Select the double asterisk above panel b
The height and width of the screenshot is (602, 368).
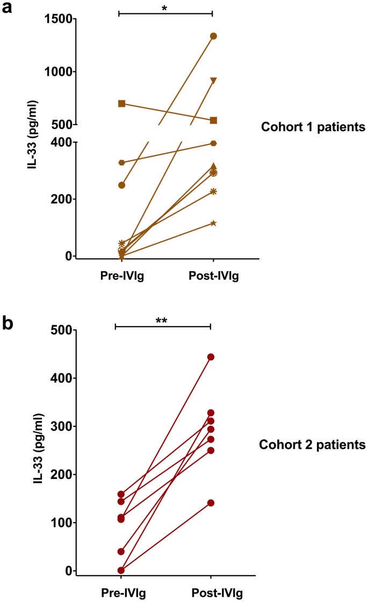[x=163, y=321]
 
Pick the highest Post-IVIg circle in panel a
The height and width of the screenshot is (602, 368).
[x=213, y=36]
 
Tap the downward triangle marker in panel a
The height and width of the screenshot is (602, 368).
[x=213, y=81]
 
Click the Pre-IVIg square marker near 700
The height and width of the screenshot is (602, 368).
[x=122, y=103]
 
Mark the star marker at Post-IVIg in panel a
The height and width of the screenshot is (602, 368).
[x=213, y=223]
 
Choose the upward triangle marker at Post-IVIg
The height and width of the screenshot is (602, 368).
[x=213, y=166]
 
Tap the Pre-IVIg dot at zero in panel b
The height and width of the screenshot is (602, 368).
[x=121, y=570]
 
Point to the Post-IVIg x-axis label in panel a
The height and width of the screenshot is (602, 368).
[x=213, y=277]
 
